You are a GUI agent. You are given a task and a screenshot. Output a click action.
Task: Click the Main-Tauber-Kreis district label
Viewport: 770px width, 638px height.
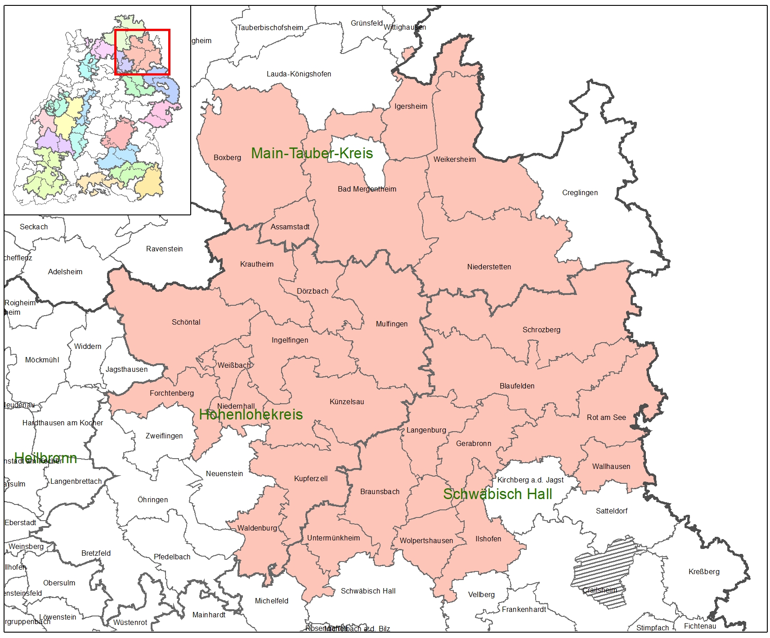point(312,153)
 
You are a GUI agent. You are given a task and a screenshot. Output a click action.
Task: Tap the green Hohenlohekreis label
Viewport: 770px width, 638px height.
point(251,415)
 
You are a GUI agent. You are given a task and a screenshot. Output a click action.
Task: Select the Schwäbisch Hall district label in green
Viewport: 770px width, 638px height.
point(497,494)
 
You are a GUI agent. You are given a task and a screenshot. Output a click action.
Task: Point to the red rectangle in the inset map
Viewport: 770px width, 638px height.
point(142,31)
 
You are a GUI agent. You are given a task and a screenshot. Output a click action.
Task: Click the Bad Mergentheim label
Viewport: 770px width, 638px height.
point(367,189)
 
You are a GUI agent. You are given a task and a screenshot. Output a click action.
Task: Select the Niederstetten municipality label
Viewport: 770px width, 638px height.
point(489,267)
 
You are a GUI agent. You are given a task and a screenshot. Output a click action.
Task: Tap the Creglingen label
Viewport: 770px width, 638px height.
point(580,193)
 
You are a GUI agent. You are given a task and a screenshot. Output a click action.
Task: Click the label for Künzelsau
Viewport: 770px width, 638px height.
point(347,402)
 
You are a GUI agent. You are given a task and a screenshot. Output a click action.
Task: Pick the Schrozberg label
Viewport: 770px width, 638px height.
point(541,330)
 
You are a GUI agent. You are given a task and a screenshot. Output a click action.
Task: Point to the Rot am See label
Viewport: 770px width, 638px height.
point(606,418)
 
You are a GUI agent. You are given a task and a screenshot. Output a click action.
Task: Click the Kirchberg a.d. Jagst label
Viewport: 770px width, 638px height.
point(530,480)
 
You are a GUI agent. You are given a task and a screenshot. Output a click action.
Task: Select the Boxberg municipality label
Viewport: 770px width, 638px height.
point(227,158)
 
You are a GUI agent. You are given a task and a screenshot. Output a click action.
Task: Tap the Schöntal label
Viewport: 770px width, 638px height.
point(186,322)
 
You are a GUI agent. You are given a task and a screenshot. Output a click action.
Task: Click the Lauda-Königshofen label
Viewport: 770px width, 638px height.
point(299,74)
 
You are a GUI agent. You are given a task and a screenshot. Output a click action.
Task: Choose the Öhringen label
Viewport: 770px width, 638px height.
point(152,500)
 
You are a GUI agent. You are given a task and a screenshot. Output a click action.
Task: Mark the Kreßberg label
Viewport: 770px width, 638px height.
point(704,572)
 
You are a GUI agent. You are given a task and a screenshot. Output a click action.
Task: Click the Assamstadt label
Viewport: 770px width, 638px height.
point(290,227)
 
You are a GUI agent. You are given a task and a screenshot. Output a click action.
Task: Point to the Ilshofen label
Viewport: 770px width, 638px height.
point(488,539)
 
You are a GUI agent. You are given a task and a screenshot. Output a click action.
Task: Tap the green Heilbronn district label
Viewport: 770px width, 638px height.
point(45,458)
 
